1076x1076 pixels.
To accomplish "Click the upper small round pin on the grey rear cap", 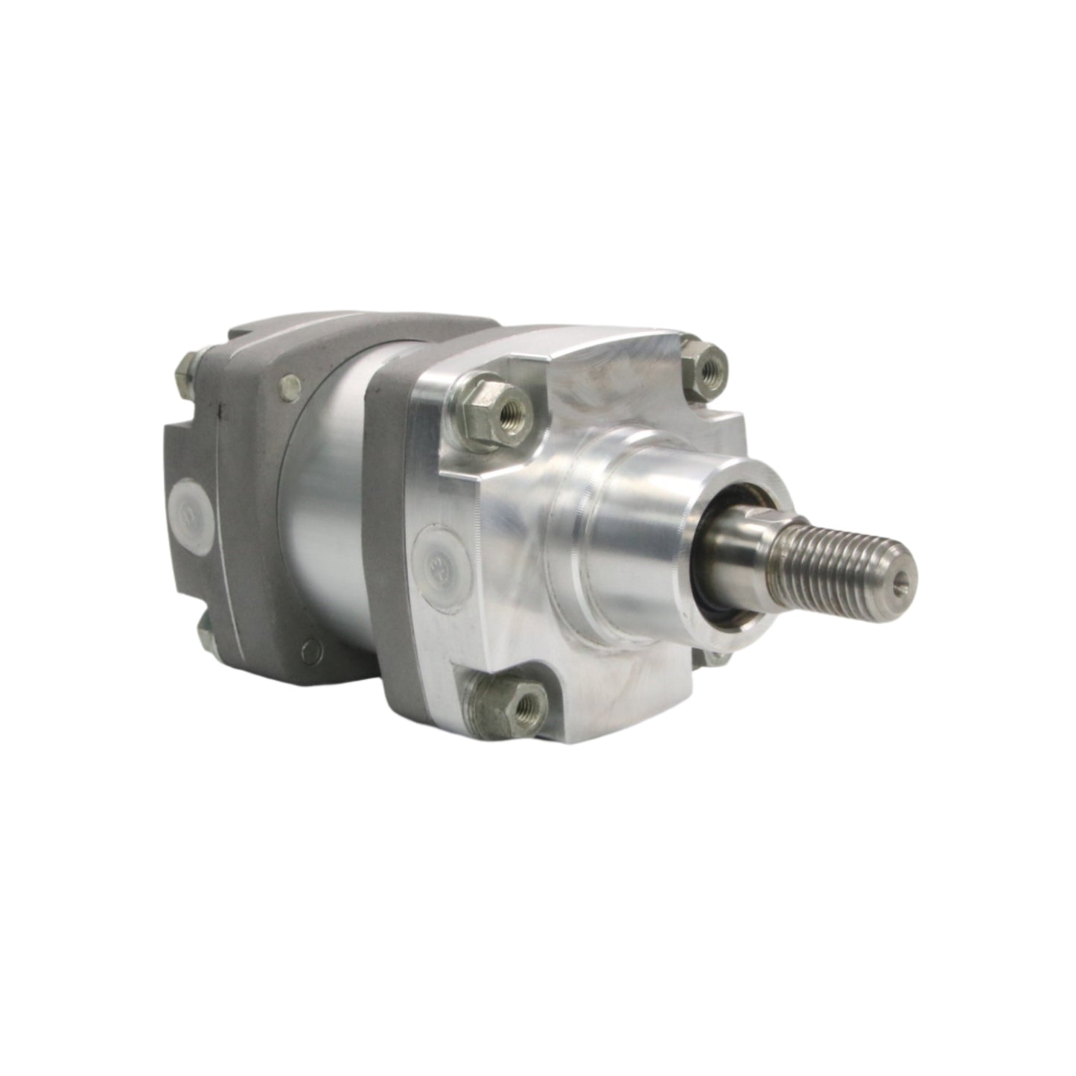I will pyautogui.click(x=285, y=384).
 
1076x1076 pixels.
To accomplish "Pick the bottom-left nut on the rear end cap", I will pyautogui.click(x=208, y=637).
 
